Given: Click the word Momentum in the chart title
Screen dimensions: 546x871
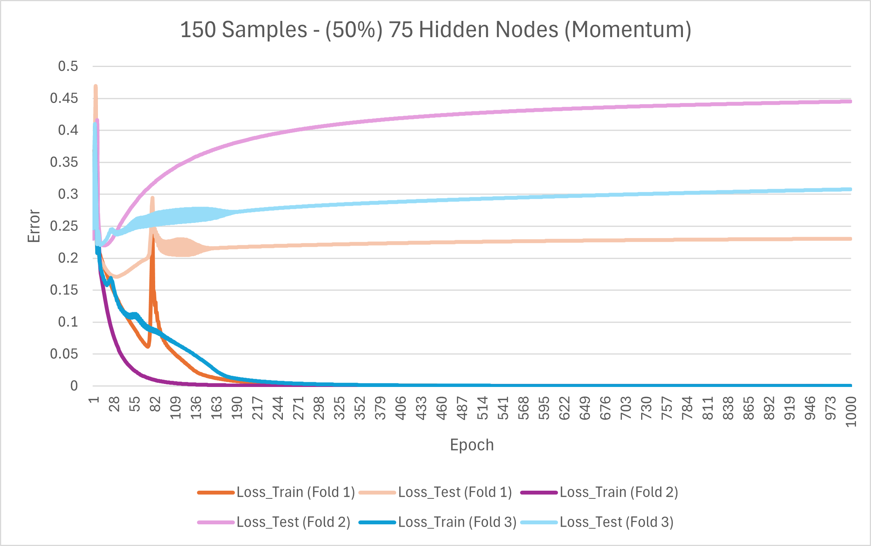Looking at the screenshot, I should point(627,30).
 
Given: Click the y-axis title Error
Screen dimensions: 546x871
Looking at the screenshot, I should point(34,226).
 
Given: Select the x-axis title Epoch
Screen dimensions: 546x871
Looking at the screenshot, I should point(472,445).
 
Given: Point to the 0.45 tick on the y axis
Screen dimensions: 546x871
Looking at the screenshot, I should point(64,98).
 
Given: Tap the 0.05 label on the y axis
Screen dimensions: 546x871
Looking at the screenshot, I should point(64,354).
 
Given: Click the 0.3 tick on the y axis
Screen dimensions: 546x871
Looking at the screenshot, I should point(68,194).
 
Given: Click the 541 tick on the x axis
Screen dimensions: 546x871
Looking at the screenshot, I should point(503,408).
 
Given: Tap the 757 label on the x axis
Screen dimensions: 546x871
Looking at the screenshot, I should point(667,408).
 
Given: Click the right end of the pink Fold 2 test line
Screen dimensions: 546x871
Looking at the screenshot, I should point(850,101).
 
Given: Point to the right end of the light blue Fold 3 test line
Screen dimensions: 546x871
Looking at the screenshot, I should point(850,189).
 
